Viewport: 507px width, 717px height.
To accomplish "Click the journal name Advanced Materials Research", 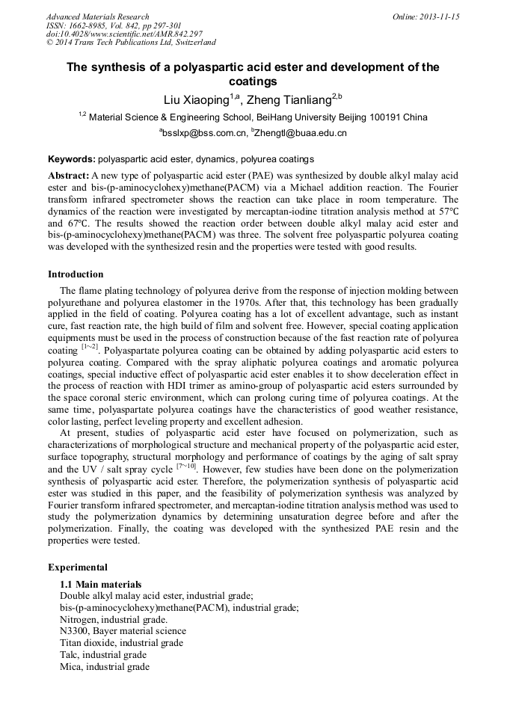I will click(97, 16).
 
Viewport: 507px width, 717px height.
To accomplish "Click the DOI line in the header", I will click(124, 34).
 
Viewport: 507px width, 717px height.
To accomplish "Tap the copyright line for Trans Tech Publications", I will click(131, 43).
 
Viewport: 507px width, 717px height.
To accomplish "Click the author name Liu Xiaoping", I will click(196, 99).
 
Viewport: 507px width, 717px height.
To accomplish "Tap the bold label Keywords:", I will click(72, 159).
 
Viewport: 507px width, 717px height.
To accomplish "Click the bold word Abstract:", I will click(69, 173).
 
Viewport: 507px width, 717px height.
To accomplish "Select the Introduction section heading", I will click(76, 274).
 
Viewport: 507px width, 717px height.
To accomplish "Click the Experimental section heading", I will click(77, 567).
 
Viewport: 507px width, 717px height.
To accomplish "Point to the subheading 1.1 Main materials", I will click(100, 584).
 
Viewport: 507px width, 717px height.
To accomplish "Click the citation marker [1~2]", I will click(89, 348).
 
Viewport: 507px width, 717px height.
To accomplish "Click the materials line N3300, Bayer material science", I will click(123, 631).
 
